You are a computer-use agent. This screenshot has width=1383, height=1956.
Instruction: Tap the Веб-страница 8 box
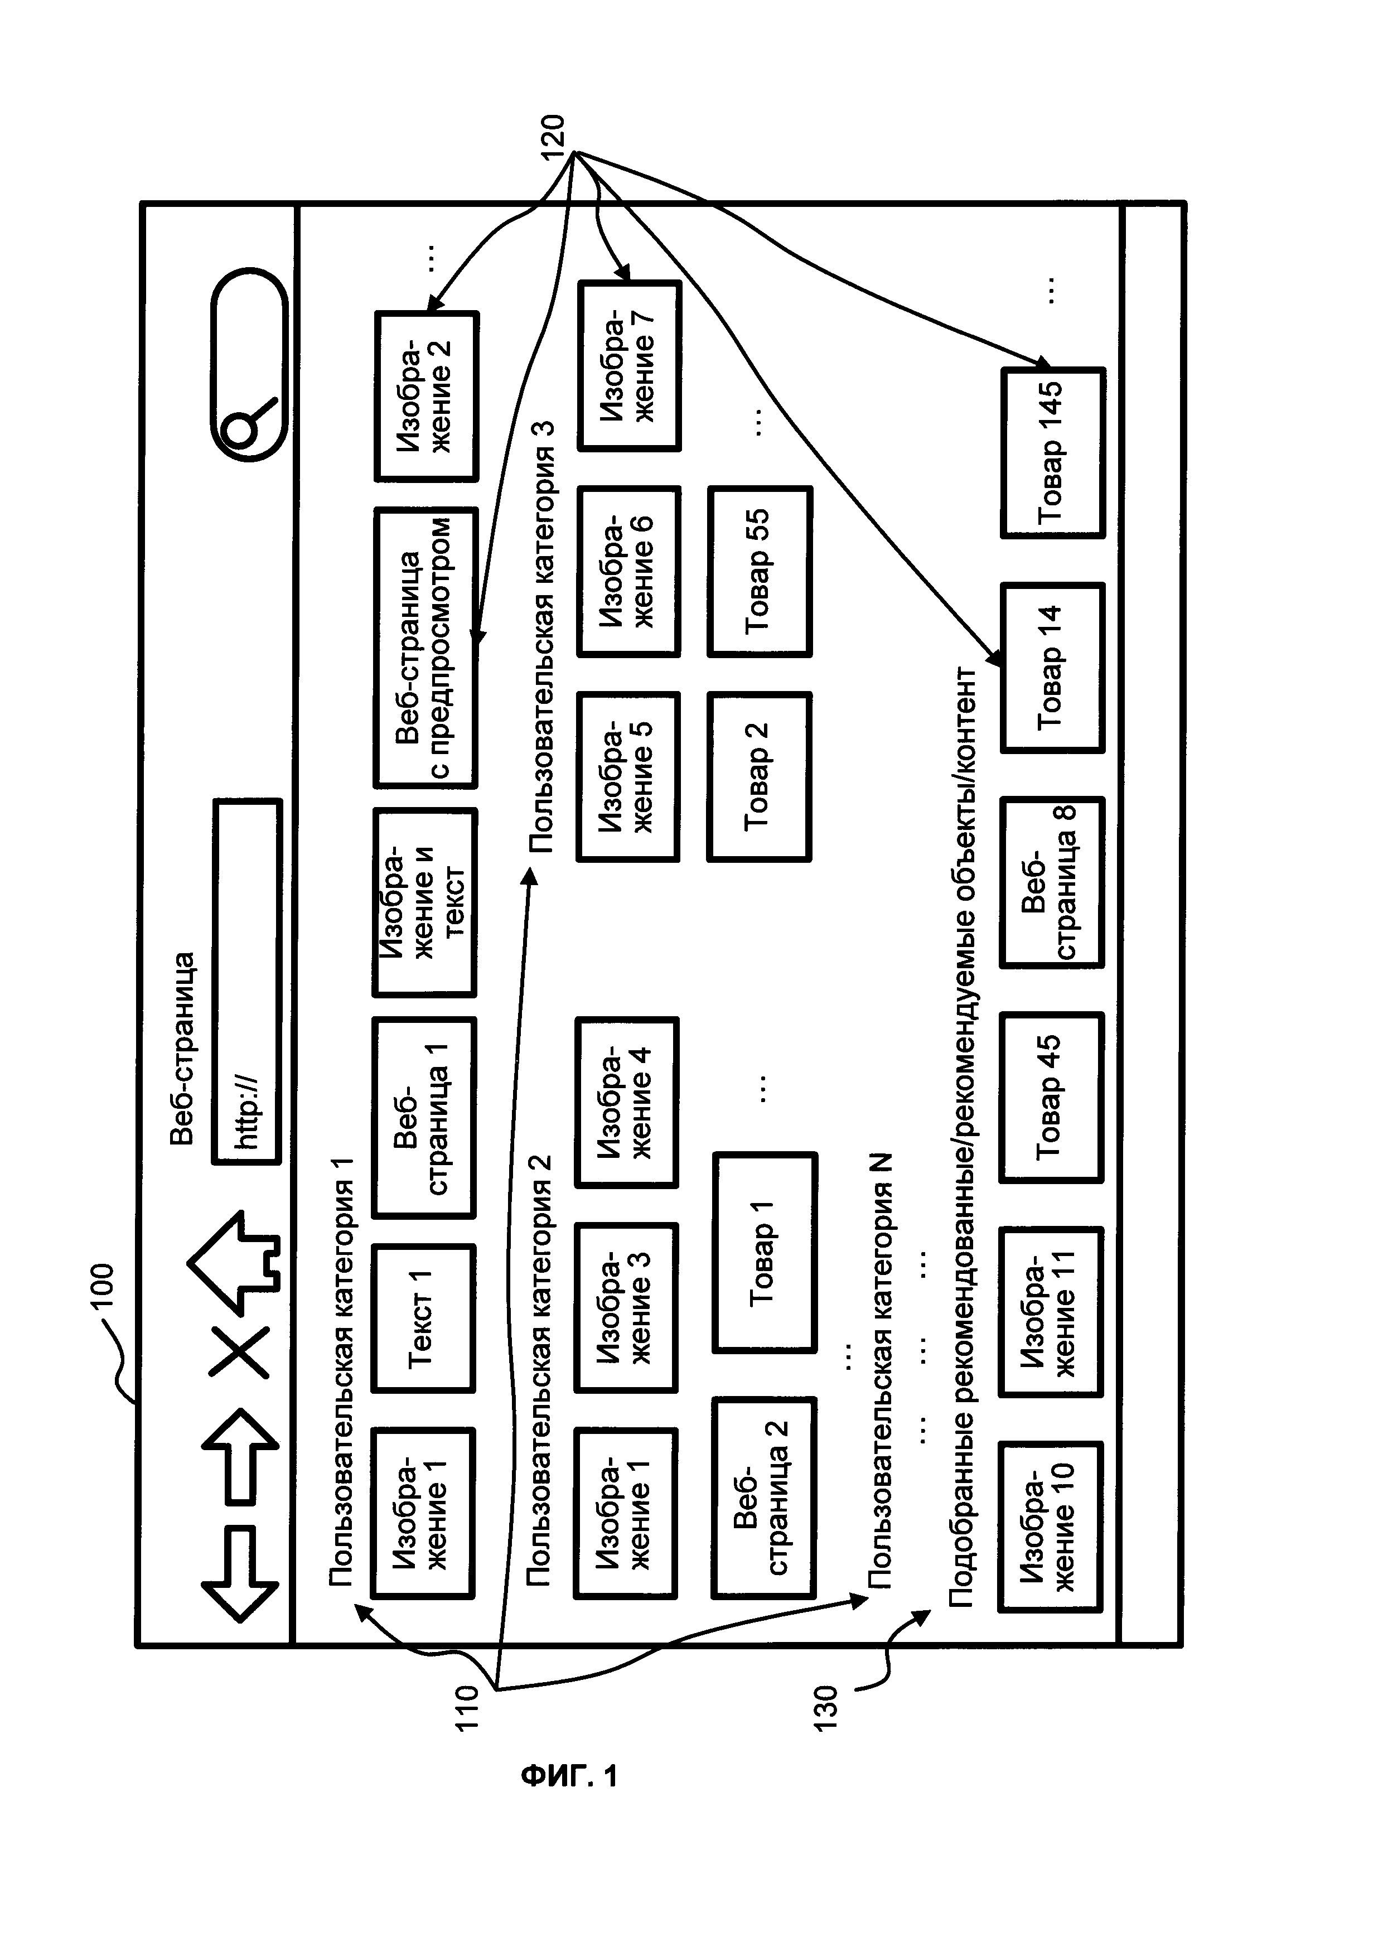[1052, 882]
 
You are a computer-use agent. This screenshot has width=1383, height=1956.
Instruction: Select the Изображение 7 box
[630, 365]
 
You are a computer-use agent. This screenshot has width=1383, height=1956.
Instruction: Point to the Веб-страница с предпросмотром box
[426, 648]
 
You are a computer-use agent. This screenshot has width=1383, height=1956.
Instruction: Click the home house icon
[233, 1263]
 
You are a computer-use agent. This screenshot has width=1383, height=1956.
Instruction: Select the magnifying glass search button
[249, 365]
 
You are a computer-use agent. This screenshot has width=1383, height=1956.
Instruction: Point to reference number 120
[554, 137]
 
